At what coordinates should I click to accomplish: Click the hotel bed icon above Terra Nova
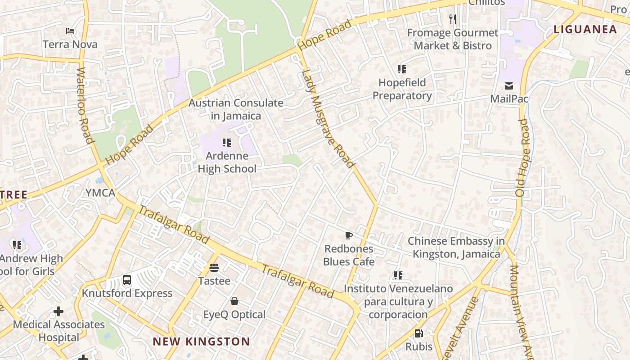click(x=70, y=31)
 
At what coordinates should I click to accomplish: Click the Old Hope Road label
click(x=523, y=157)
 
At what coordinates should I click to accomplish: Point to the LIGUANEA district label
click(x=585, y=30)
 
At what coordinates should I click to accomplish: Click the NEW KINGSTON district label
click(x=201, y=342)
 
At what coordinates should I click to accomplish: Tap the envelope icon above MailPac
click(x=509, y=86)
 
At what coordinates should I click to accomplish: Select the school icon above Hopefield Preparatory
click(x=401, y=69)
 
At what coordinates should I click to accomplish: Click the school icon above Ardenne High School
click(x=227, y=143)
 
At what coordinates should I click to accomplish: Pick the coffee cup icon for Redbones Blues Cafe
click(x=348, y=235)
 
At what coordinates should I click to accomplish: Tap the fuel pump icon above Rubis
click(x=418, y=333)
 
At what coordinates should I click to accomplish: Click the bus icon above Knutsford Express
click(x=127, y=280)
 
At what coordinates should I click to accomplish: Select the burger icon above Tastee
click(x=214, y=268)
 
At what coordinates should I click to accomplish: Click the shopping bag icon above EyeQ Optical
click(x=234, y=301)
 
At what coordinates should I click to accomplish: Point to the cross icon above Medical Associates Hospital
click(x=58, y=311)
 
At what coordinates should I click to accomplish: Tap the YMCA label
click(x=100, y=193)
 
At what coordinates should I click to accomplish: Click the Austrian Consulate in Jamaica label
click(x=236, y=109)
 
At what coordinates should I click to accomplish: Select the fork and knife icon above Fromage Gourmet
click(x=453, y=19)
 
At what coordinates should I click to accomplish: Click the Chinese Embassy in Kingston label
click(x=456, y=247)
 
